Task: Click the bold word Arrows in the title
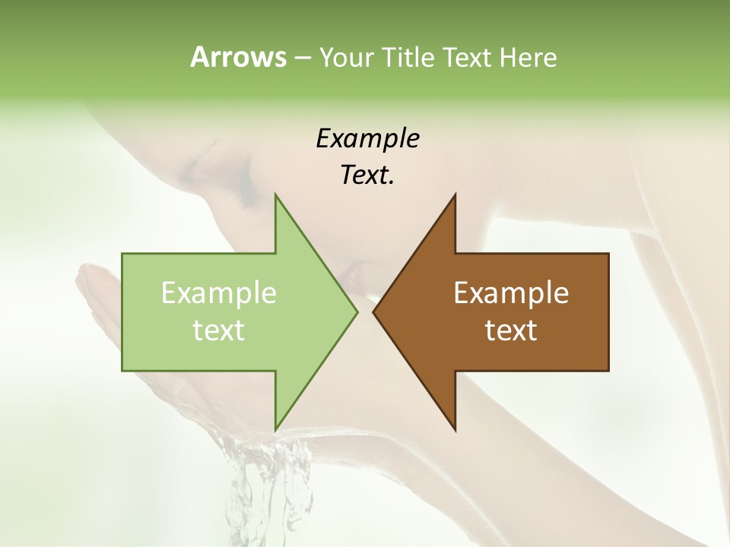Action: click(237, 57)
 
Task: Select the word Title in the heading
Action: click(411, 58)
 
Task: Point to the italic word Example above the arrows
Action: click(367, 138)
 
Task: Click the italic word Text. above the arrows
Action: click(367, 175)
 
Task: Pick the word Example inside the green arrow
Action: click(219, 292)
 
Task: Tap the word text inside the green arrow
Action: click(219, 330)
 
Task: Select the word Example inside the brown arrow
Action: click(511, 292)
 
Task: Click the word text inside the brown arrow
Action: click(511, 330)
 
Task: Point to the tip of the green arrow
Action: click(357, 311)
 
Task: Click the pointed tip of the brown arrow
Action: click(373, 311)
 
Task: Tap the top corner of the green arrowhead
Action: click(275, 194)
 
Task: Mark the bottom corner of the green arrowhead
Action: click(275, 430)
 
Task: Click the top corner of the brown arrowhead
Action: click(455, 194)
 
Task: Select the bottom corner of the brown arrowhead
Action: click(455, 430)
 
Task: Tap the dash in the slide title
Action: click(302, 58)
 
